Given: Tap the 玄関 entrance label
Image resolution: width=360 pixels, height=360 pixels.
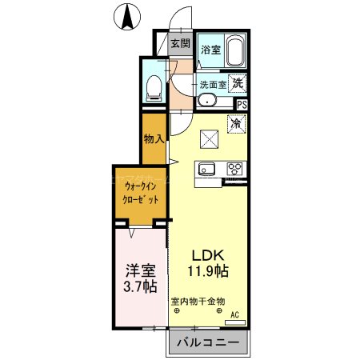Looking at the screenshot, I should [x=180, y=43].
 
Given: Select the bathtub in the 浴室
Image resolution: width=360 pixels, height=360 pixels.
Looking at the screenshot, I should [x=235, y=53].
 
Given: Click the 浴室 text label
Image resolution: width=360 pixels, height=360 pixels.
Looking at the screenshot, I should [x=210, y=50].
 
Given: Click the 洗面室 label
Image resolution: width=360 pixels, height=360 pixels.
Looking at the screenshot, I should [x=214, y=82].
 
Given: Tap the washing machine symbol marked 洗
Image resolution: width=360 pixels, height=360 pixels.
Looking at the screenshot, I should [x=238, y=82].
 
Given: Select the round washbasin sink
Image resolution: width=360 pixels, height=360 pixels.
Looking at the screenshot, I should [x=206, y=101].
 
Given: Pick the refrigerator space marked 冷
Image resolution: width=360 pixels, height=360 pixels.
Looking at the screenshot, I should [x=237, y=124].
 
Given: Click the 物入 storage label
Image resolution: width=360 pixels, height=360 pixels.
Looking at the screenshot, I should [x=153, y=138].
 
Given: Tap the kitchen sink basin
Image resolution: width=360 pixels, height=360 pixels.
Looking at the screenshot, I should [x=206, y=169].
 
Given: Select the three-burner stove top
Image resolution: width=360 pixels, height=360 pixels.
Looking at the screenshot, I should [x=234, y=169].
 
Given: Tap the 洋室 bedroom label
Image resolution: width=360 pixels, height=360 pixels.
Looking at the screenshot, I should [x=139, y=270].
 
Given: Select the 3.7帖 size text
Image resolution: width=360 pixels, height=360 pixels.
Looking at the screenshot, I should [x=139, y=286].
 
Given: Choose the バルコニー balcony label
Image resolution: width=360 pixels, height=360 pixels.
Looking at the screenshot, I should [x=207, y=343].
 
